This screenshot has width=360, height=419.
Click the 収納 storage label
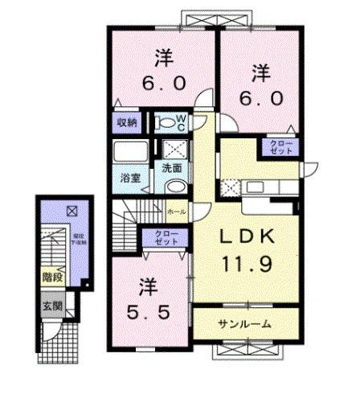129,123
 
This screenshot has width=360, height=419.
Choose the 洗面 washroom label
172,169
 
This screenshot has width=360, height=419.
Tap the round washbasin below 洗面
174,185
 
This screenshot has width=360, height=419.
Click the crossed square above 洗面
173,150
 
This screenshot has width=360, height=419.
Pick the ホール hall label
178,211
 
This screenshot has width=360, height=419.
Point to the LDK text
249,237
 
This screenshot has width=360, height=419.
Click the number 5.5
147,310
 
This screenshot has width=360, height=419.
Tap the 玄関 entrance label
51,306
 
